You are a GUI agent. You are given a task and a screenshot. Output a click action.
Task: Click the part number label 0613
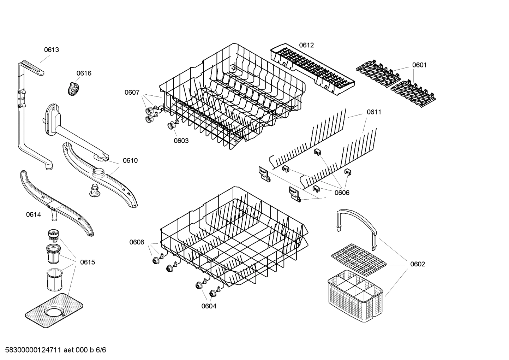point(51,50)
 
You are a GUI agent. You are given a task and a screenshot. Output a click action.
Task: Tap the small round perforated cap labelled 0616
point(73,89)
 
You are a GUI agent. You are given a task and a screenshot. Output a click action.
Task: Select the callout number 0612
point(306,45)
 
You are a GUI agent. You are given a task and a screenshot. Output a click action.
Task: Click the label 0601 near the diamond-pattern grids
point(419,65)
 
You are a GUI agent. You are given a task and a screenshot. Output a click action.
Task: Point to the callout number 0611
point(374,112)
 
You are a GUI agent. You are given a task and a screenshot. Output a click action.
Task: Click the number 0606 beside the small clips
point(342,193)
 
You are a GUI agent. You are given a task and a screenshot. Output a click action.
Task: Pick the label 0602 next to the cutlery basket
point(417,264)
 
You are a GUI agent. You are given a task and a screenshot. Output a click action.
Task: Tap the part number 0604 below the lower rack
point(209,306)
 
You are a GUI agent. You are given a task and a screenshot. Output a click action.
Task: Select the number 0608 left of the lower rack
point(137,242)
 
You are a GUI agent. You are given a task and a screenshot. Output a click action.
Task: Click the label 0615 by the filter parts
point(87,262)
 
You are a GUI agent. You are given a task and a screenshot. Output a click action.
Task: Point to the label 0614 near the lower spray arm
point(33,214)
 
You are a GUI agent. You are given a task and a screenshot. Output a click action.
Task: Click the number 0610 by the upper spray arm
point(130,161)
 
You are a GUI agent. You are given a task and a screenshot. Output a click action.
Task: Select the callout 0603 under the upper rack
point(181,141)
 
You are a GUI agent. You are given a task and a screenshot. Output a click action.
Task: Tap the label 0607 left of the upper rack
point(132,93)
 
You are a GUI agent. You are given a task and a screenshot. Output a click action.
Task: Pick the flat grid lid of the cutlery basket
point(359,259)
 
